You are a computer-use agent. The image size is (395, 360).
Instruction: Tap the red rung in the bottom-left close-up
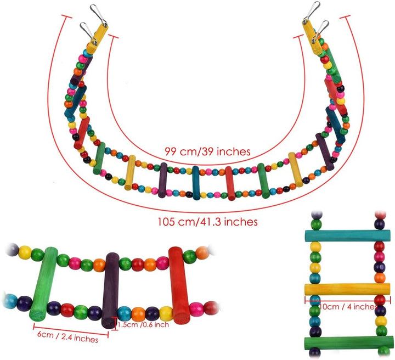pyautogui.click(x=178, y=287)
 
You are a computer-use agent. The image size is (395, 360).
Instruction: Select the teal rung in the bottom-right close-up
pyautogui.click(x=347, y=237)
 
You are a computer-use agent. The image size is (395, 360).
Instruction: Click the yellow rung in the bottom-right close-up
pyautogui.click(x=347, y=289)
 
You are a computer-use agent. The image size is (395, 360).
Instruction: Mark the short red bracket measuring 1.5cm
pyautogui.click(x=114, y=323)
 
